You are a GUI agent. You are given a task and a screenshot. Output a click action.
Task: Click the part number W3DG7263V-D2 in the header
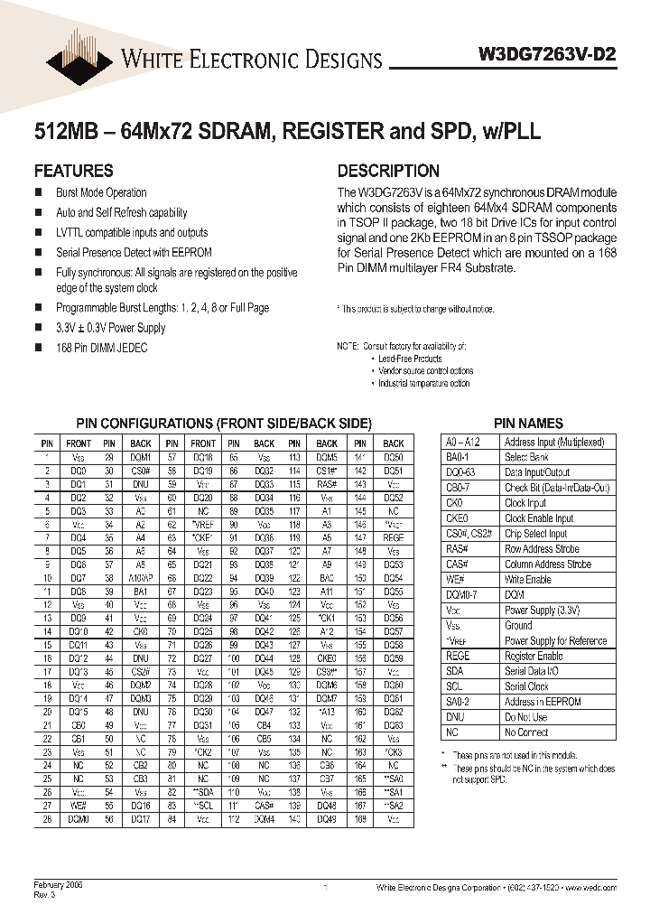coord(546,53)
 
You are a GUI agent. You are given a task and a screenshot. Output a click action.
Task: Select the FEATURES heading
coord(73,171)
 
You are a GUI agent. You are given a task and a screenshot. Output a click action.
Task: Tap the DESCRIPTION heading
coord(388,171)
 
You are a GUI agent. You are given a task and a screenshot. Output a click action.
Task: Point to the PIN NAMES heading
coord(528,423)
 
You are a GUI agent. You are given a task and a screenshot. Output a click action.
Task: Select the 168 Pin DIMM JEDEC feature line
coord(101,348)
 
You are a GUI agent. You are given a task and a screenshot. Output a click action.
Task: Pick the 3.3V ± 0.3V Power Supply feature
coord(111,328)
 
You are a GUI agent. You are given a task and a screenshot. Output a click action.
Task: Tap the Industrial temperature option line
coord(423,383)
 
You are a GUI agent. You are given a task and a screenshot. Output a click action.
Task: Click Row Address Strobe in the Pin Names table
coord(542,549)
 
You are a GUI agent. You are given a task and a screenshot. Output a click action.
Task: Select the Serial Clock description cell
coord(526,687)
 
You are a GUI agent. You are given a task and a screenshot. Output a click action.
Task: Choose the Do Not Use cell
coord(525,718)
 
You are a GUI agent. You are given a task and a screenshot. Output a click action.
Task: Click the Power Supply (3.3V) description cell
coord(543,611)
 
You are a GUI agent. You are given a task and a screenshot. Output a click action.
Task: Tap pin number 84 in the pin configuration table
coord(172,820)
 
